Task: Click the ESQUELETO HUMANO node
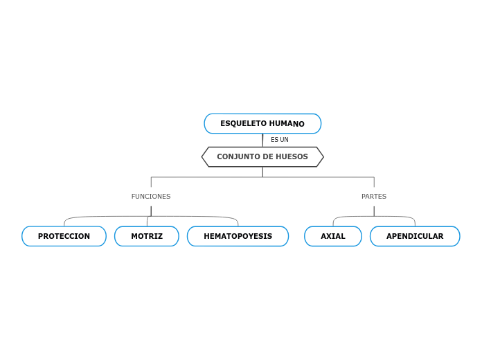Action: click(262, 124)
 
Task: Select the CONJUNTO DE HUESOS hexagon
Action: click(262, 157)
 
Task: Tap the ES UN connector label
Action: click(279, 140)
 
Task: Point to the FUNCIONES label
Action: click(151, 197)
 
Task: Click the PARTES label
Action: click(374, 197)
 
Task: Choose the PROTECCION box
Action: click(64, 237)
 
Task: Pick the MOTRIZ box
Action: click(147, 237)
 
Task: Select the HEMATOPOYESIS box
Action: click(238, 237)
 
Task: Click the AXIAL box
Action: click(333, 237)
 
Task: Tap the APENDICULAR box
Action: click(415, 237)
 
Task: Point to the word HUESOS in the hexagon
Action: click(292, 157)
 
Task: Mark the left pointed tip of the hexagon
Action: click(203, 157)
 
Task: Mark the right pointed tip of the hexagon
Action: click(323, 157)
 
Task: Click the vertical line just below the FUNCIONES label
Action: click(151, 210)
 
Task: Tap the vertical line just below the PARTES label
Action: click(374, 210)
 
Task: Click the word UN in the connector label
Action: click(284, 140)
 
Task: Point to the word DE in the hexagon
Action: click(269, 157)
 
